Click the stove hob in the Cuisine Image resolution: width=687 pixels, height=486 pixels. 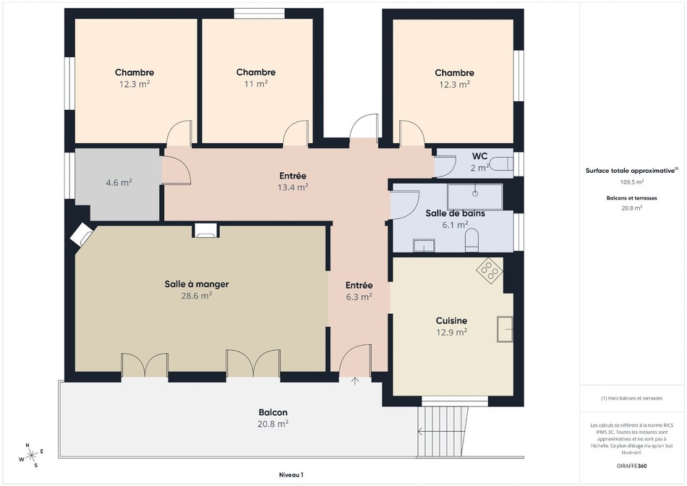click(490, 270)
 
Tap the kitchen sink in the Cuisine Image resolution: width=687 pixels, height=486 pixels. click(505, 329)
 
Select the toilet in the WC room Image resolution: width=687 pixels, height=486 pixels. click(501, 164)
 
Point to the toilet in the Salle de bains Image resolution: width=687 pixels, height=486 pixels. click(472, 241)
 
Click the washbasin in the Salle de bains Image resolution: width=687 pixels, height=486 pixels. click(424, 245)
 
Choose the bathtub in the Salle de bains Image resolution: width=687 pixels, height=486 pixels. click(475, 197)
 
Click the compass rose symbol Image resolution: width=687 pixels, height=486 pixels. click(30, 456)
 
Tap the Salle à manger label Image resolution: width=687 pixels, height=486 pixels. click(197, 284)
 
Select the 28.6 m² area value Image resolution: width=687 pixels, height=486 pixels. click(197, 296)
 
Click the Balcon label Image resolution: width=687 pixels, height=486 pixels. click(273, 412)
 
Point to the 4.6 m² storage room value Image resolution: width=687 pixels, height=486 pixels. click(119, 183)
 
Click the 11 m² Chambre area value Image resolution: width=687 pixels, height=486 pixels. click(256, 84)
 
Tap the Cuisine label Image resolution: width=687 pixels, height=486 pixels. click(451, 321)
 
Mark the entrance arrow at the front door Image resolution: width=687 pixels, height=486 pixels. click(355, 381)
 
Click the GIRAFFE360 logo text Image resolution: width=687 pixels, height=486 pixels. click(631, 466)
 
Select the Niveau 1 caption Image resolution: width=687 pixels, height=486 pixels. click(291, 475)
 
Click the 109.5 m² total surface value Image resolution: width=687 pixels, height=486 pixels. click(631, 182)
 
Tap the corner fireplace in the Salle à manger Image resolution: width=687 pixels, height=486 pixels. click(82, 234)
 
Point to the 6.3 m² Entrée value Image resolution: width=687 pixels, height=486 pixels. click(359, 297)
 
